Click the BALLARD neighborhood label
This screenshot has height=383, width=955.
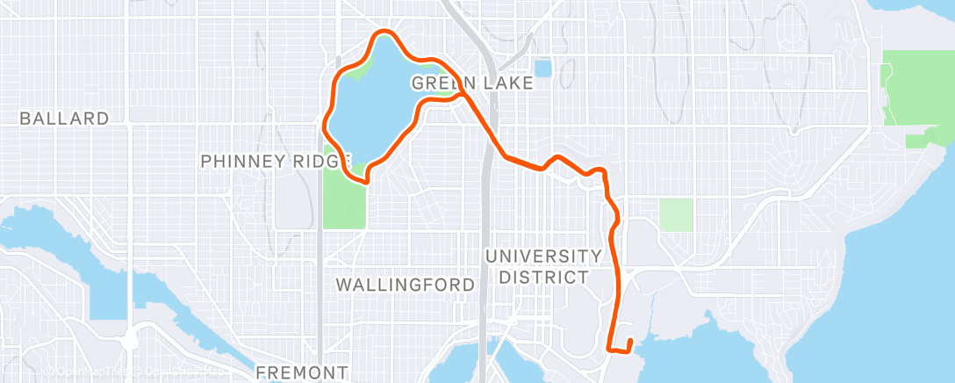65,119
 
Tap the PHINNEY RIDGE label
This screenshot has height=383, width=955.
275,162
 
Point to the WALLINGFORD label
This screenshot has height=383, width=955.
406,285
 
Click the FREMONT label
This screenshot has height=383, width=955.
302,372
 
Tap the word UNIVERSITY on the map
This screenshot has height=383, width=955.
543,256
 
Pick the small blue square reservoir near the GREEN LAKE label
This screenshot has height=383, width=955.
542,68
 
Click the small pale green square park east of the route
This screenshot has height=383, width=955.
676,214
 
